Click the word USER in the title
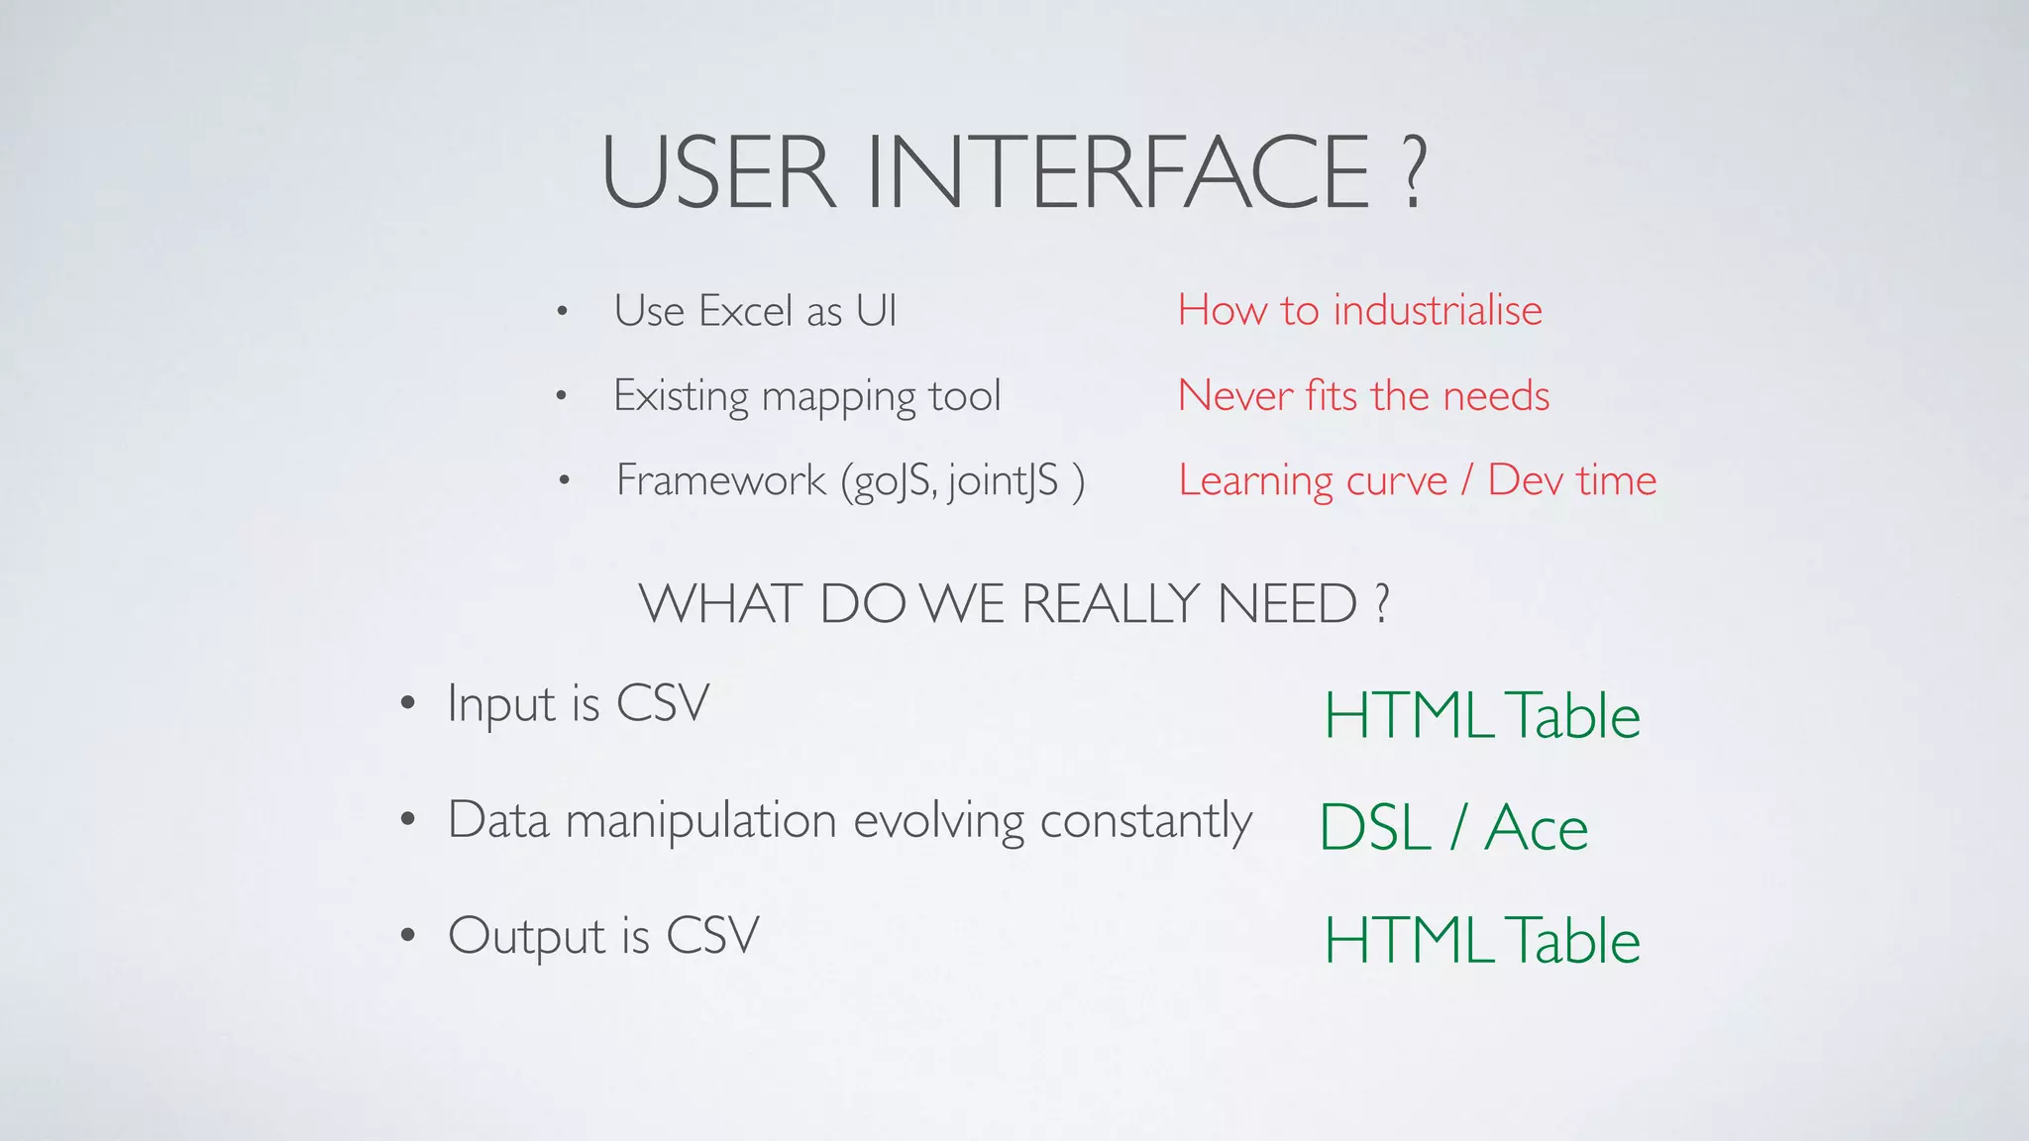[719, 173]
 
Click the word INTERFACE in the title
[1120, 173]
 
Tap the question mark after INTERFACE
[1414, 173]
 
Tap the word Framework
[721, 480]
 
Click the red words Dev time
[1571, 480]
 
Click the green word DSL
[1375, 828]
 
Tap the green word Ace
[1536, 828]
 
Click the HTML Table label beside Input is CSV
[1482, 715]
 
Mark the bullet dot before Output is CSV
[407, 935]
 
